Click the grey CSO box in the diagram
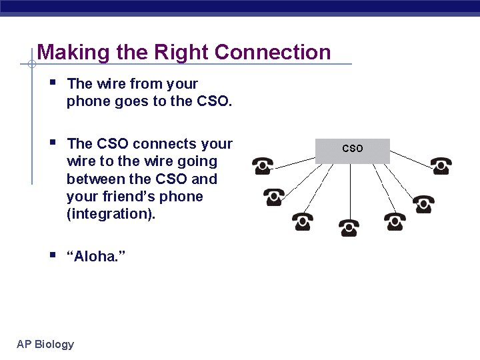click(353, 150)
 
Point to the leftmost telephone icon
click(262, 165)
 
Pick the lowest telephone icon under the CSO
click(347, 227)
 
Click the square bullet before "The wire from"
click(53, 83)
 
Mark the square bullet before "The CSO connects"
click(53, 143)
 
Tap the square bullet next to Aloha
click(53, 255)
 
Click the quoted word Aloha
click(97, 257)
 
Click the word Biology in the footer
click(55, 344)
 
